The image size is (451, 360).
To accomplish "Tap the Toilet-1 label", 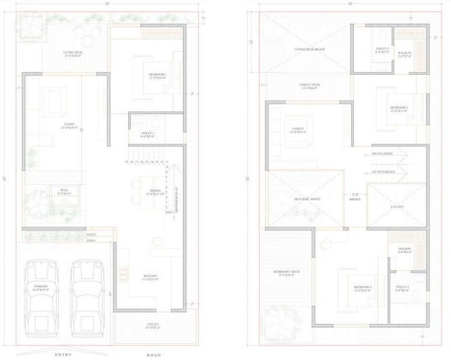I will (x=148, y=135).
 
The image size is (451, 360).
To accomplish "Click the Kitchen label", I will (x=152, y=277).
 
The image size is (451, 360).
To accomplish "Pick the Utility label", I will (x=152, y=325).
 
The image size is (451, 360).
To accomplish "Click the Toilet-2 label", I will (x=383, y=50).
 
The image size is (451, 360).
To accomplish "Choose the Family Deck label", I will (x=311, y=86).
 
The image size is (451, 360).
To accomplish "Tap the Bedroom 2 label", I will (x=399, y=108).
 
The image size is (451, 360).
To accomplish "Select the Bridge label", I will (x=355, y=197).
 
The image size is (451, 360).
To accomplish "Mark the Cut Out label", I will (x=398, y=207).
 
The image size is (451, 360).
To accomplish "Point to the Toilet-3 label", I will (x=403, y=288).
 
